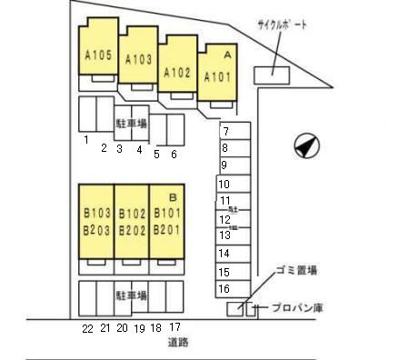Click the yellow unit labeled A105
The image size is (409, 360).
(98, 55)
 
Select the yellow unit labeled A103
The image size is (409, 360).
(138, 59)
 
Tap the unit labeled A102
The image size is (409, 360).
(177, 71)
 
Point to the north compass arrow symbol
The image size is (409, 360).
(306, 144)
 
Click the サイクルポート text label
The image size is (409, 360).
(283, 26)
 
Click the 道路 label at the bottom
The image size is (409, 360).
(177, 343)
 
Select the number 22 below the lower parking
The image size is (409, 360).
(87, 327)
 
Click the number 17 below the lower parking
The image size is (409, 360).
(175, 327)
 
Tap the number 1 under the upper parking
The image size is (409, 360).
(85, 140)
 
